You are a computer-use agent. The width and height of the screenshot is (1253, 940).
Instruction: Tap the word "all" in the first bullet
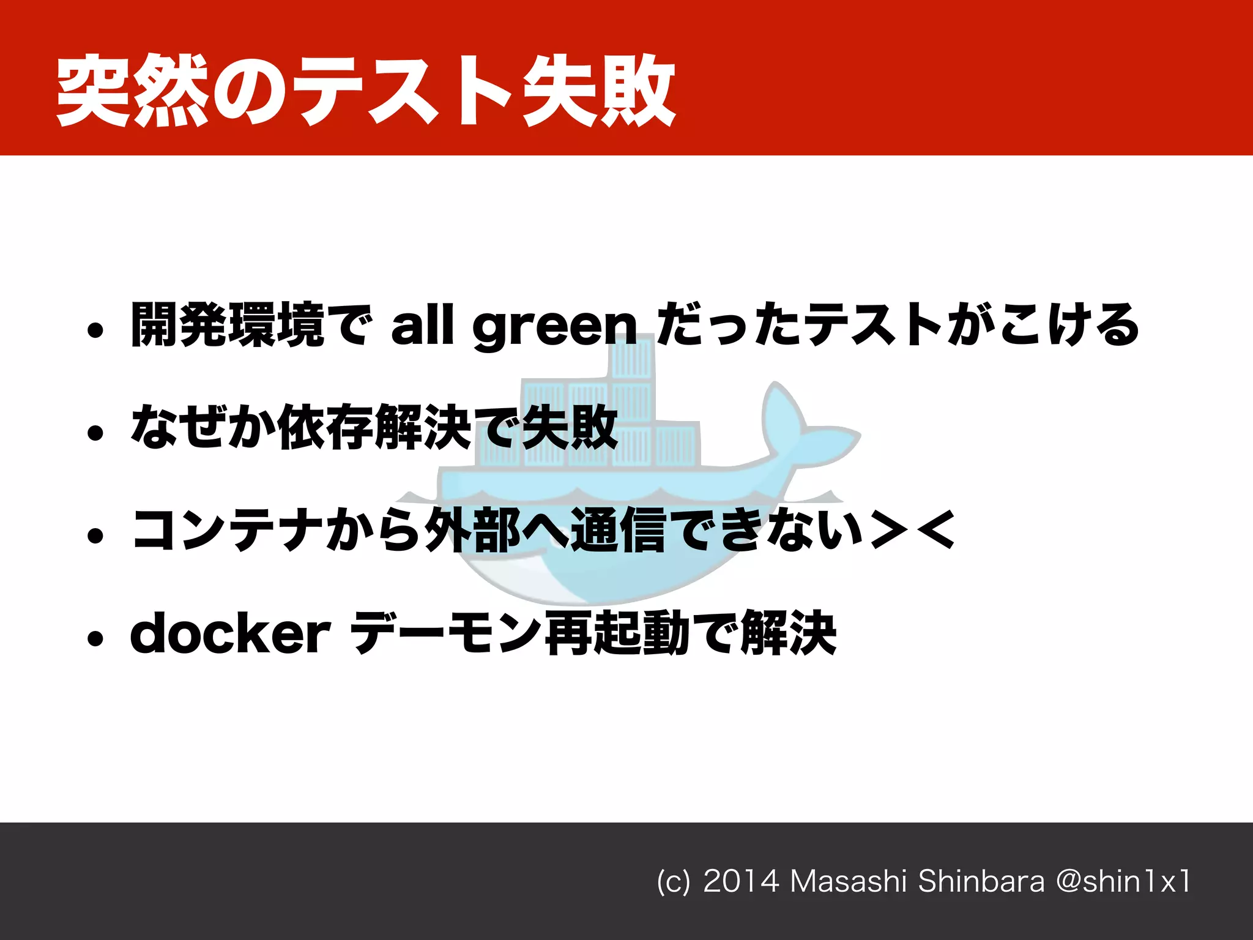pyautogui.click(x=422, y=324)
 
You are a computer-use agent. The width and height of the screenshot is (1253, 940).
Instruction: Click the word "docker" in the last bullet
pyautogui.click(x=230, y=634)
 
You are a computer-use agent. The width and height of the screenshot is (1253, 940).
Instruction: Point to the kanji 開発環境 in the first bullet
pyautogui.click(x=228, y=324)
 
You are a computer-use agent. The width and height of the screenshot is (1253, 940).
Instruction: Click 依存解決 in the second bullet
pyautogui.click(x=374, y=427)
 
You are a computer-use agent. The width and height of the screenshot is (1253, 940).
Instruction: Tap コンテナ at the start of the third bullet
pyautogui.click(x=228, y=530)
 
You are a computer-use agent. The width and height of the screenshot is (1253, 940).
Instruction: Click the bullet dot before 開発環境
pyautogui.click(x=95, y=331)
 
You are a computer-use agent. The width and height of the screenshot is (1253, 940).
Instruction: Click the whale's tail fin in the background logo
pyautogui.click(x=795, y=422)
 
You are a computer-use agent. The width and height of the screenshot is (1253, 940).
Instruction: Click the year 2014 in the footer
pyautogui.click(x=741, y=882)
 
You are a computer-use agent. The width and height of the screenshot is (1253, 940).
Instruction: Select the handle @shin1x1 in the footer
pyautogui.click(x=1123, y=882)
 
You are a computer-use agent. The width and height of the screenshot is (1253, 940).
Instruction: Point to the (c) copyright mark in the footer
pyautogui.click(x=673, y=882)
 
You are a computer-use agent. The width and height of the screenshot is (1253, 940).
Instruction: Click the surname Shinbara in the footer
pyautogui.click(x=981, y=882)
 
